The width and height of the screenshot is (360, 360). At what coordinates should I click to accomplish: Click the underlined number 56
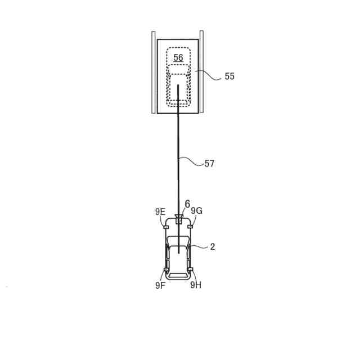[x=178, y=57]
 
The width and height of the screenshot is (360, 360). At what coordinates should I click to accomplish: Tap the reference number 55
[x=229, y=76]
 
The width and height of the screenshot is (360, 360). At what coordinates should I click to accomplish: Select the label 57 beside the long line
[x=209, y=164]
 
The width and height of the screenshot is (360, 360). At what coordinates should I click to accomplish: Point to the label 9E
[x=160, y=211]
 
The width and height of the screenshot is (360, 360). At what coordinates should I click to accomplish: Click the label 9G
[x=197, y=210]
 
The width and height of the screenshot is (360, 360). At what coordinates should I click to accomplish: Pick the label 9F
[x=160, y=285]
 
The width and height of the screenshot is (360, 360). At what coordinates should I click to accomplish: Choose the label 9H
[x=196, y=285]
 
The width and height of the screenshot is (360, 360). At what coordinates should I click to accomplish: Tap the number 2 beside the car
[x=213, y=246]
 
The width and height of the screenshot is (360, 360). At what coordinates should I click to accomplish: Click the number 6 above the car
[x=187, y=204]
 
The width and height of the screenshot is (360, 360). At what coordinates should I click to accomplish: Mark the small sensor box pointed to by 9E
[x=166, y=227]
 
